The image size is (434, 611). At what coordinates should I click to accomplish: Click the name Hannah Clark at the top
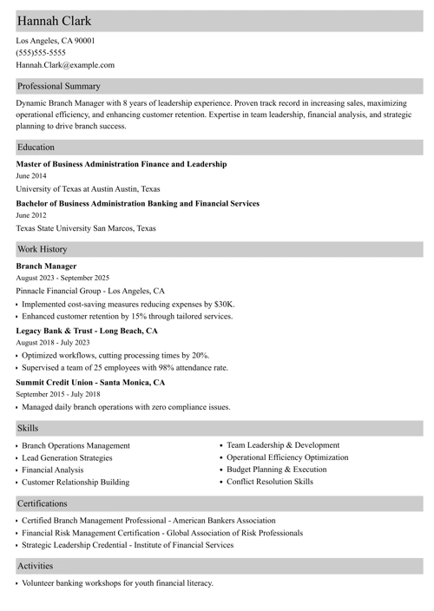54,21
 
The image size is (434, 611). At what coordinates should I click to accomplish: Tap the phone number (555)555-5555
40,52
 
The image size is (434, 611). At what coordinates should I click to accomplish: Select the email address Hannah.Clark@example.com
65,64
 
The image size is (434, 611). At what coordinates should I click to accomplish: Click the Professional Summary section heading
59,86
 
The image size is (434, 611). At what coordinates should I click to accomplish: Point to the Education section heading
36,148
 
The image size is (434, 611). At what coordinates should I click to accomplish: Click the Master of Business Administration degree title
122,164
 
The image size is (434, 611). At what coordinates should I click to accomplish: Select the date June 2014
31,176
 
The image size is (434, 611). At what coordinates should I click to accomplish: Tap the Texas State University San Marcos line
86,228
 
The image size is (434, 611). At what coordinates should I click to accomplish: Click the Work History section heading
42,249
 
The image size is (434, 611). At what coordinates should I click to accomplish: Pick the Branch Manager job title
46,266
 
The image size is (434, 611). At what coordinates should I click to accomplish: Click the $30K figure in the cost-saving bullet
223,305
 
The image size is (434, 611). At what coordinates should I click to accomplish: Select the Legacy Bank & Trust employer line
87,331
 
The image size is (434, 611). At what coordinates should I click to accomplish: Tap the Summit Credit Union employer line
90,382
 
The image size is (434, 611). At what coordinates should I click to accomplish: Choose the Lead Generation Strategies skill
67,457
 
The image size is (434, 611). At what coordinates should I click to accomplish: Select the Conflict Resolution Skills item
270,481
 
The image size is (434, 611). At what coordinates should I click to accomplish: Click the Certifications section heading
42,503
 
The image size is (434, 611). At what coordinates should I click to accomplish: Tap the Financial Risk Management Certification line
162,533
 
